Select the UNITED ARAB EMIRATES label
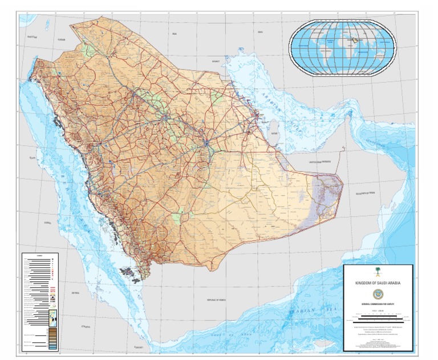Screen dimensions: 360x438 319,162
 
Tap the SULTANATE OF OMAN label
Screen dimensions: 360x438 366,194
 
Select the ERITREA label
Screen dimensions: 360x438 75,292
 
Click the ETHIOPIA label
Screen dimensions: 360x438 86,326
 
